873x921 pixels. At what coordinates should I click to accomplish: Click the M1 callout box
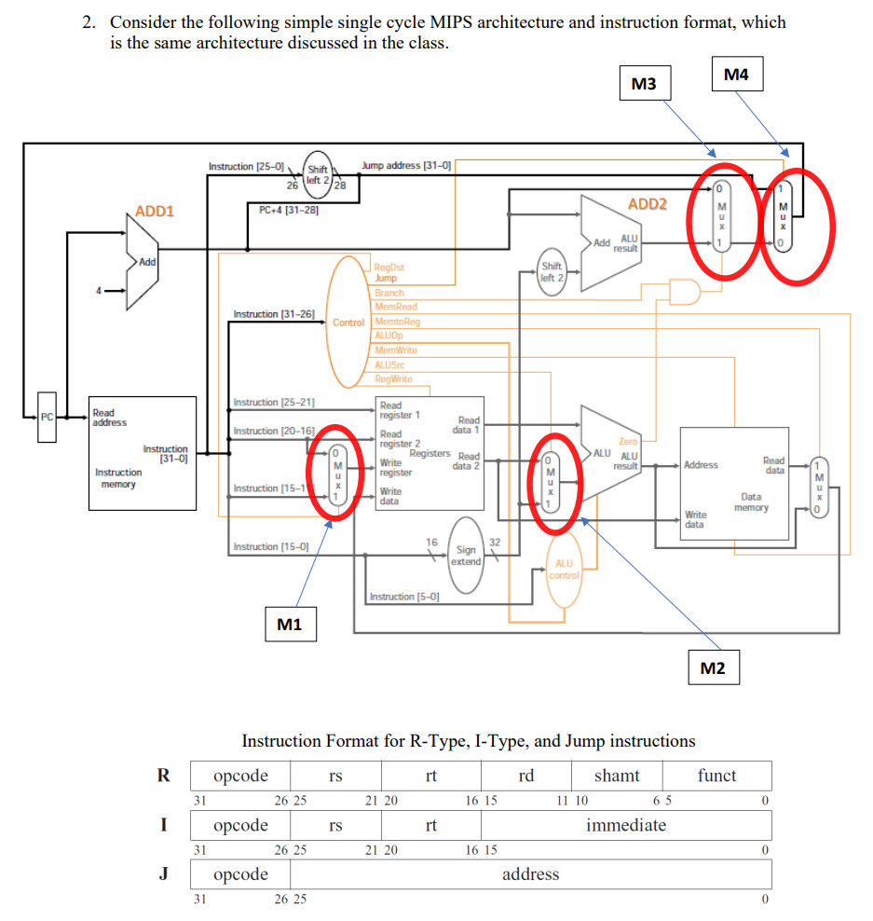289,624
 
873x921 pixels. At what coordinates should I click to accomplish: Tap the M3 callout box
644,84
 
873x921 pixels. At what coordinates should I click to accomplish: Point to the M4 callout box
736,75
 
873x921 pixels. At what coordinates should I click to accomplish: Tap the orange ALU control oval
564,570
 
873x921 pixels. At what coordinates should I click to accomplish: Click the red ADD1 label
155,212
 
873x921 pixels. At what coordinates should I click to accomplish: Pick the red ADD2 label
647,204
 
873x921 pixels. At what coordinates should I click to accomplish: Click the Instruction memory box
142,453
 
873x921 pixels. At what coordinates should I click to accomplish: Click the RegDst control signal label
389,268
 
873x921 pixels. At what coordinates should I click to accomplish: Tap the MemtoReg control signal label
397,322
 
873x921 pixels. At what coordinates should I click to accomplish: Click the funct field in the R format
716,776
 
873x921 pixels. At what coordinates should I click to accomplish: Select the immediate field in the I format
625,825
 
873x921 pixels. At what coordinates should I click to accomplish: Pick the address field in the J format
530,874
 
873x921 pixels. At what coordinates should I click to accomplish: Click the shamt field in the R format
616,776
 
